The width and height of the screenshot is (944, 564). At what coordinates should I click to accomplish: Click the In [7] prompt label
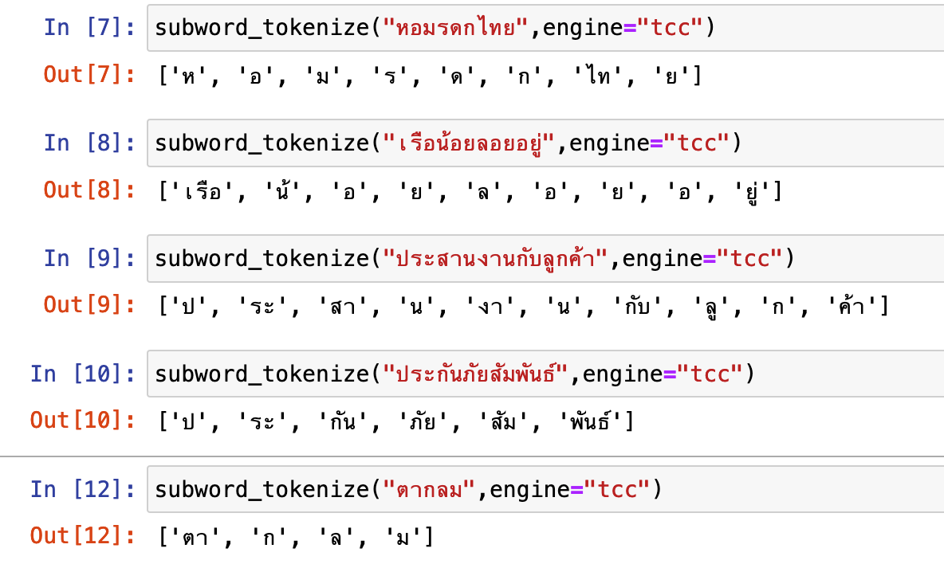89,27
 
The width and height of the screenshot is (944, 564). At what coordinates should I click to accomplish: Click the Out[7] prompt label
89,74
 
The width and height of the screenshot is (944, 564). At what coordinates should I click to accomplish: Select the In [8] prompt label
89,143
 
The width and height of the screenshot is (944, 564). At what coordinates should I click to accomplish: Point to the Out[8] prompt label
89,190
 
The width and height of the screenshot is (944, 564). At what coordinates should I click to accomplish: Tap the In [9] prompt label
89,258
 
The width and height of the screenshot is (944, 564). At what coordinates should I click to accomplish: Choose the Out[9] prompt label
89,305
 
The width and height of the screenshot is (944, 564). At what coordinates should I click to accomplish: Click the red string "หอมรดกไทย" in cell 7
456,27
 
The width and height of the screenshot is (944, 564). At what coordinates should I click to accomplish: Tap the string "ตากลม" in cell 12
430,488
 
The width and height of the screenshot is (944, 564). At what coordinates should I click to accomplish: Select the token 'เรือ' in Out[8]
203,191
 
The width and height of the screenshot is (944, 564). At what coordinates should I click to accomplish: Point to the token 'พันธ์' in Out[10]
590,421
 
